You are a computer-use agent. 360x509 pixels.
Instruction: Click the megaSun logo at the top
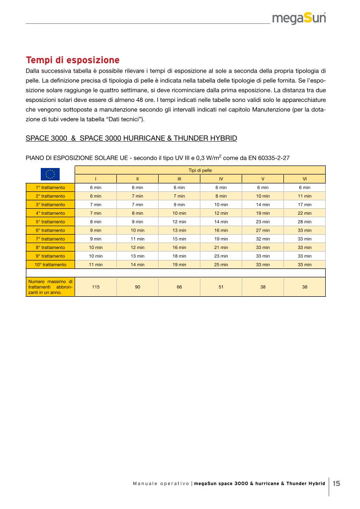click(299, 19)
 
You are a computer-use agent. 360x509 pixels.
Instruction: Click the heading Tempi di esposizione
click(73, 60)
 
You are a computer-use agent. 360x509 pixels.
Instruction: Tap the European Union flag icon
click(50, 174)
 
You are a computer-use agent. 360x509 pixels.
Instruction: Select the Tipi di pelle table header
click(200, 170)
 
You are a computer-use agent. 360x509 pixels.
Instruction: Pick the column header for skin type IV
click(221, 178)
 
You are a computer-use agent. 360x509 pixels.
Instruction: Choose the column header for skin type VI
click(304, 178)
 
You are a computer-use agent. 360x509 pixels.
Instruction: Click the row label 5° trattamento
click(50, 222)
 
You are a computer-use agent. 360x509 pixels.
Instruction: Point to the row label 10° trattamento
click(50, 264)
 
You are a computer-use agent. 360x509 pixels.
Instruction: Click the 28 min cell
click(304, 222)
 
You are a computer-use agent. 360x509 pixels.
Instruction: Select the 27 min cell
click(263, 230)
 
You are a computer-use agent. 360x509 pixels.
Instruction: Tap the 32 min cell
click(263, 239)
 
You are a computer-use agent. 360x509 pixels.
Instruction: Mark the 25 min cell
click(221, 264)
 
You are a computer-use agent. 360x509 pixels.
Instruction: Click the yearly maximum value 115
click(95, 287)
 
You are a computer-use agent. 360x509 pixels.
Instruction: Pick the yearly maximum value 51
click(221, 287)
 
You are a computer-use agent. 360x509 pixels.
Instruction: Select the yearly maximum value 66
click(179, 287)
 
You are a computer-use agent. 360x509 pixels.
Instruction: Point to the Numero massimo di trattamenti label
click(50, 287)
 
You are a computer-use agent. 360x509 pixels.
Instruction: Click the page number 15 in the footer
click(337, 483)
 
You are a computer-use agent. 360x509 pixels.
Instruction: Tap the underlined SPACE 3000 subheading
click(131, 138)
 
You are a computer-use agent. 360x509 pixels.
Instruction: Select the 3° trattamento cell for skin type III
click(179, 204)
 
